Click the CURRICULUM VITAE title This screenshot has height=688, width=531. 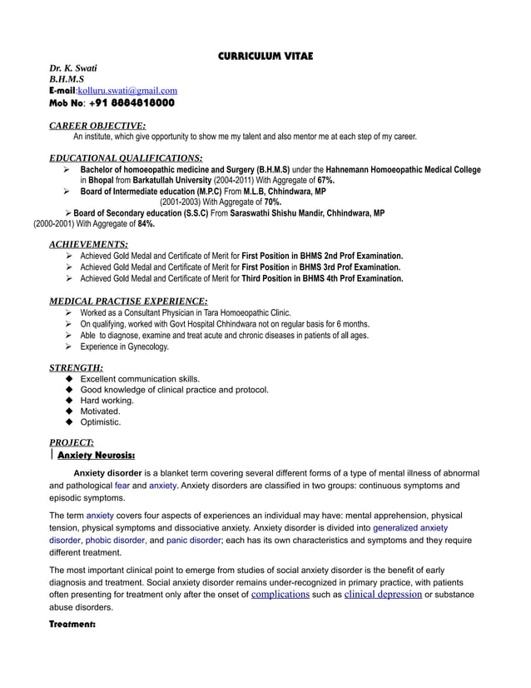click(265, 56)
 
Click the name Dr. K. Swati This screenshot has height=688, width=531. click(74, 67)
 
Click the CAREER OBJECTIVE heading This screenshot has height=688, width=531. click(97, 125)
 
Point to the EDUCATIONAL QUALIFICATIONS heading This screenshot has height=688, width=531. click(126, 157)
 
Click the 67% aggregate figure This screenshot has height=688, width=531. click(326, 180)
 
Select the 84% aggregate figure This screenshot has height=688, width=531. click(146, 224)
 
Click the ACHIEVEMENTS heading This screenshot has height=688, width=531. click(88, 244)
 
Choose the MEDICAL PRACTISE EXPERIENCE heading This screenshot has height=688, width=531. click(128, 301)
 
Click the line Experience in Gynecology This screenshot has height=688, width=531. click(124, 346)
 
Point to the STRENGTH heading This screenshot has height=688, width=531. click(76, 367)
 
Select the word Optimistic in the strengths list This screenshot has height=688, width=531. click(101, 422)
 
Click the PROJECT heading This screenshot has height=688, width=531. click(72, 442)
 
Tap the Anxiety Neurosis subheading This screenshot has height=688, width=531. click(97, 456)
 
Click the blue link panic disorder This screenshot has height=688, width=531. click(187, 540)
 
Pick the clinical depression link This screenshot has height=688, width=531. click(382, 595)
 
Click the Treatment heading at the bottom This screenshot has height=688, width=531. click(72, 624)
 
